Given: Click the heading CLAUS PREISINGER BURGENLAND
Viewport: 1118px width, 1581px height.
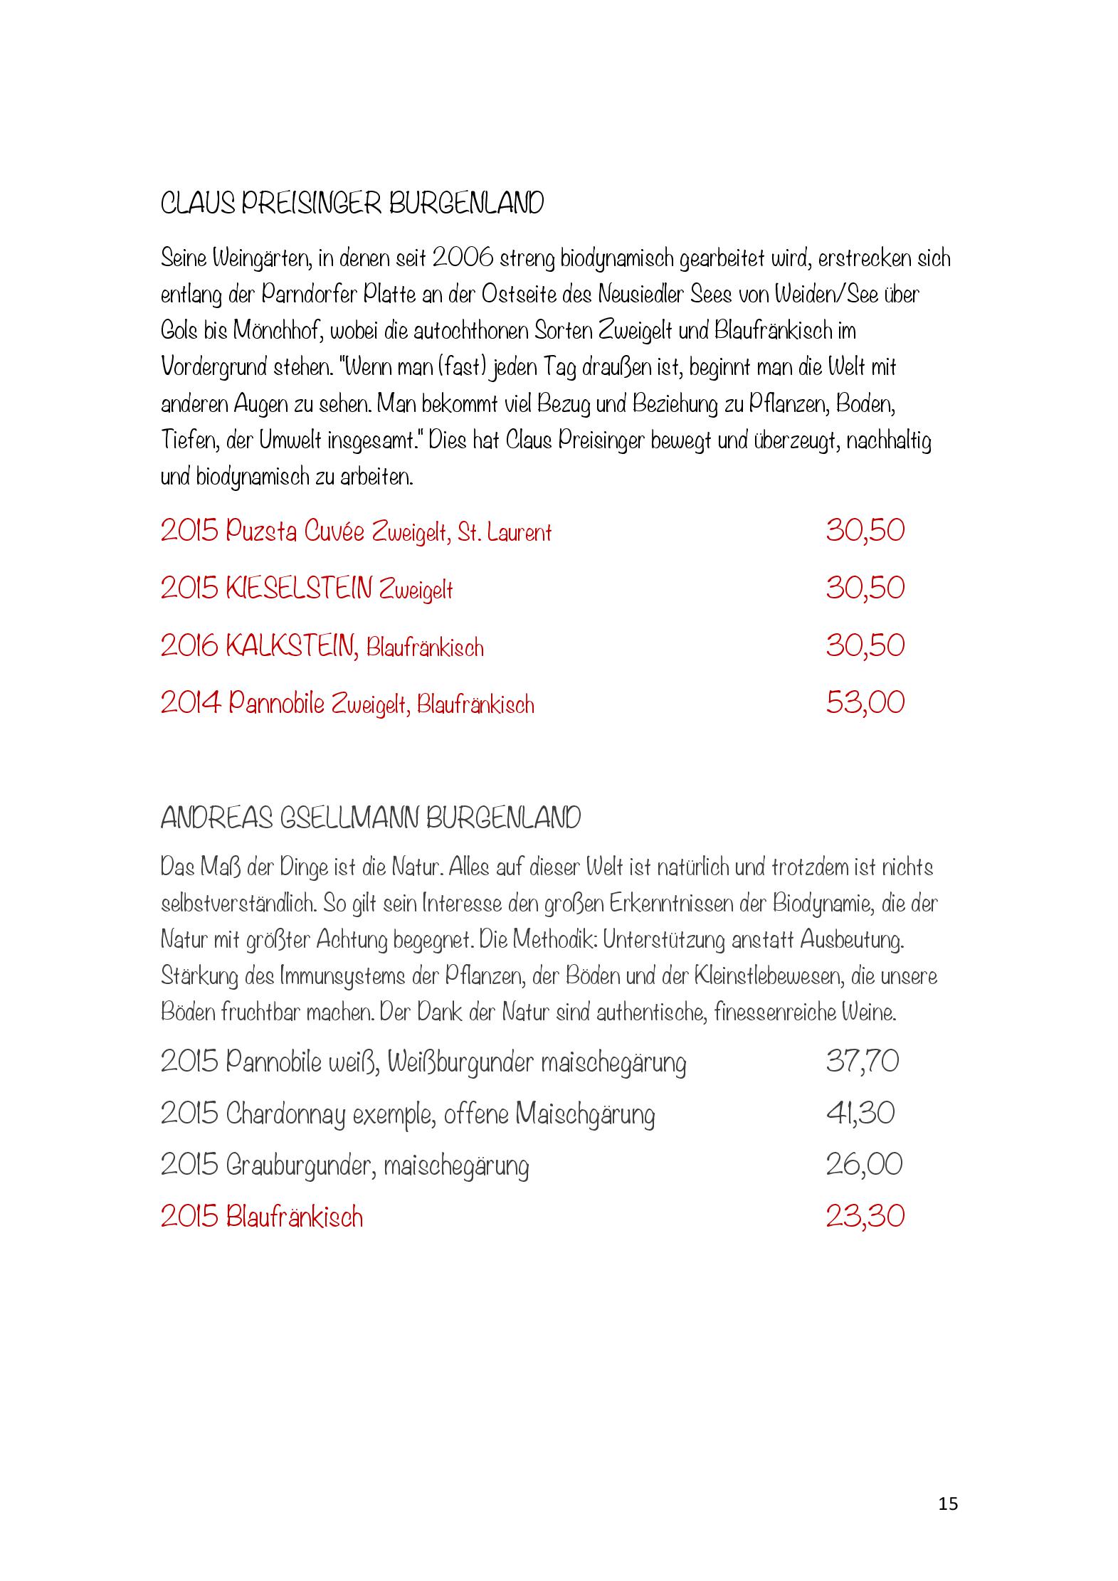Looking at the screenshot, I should point(352,204).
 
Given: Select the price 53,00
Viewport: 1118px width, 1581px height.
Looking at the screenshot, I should point(865,703).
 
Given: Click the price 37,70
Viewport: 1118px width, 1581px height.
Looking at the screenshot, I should point(862,1062).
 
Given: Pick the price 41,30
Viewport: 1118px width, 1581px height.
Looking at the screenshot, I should point(860,1114).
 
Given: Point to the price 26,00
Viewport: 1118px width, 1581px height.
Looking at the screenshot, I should point(863,1165).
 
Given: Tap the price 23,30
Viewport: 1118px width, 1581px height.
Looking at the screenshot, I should point(865,1216).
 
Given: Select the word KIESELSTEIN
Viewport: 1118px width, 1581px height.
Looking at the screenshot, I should point(299,588).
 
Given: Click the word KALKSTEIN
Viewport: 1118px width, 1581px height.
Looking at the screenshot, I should point(292,646).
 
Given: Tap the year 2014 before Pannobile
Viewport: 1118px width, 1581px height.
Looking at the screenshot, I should point(189,703).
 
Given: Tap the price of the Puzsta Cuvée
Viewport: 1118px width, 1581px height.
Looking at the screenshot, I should point(865,531).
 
